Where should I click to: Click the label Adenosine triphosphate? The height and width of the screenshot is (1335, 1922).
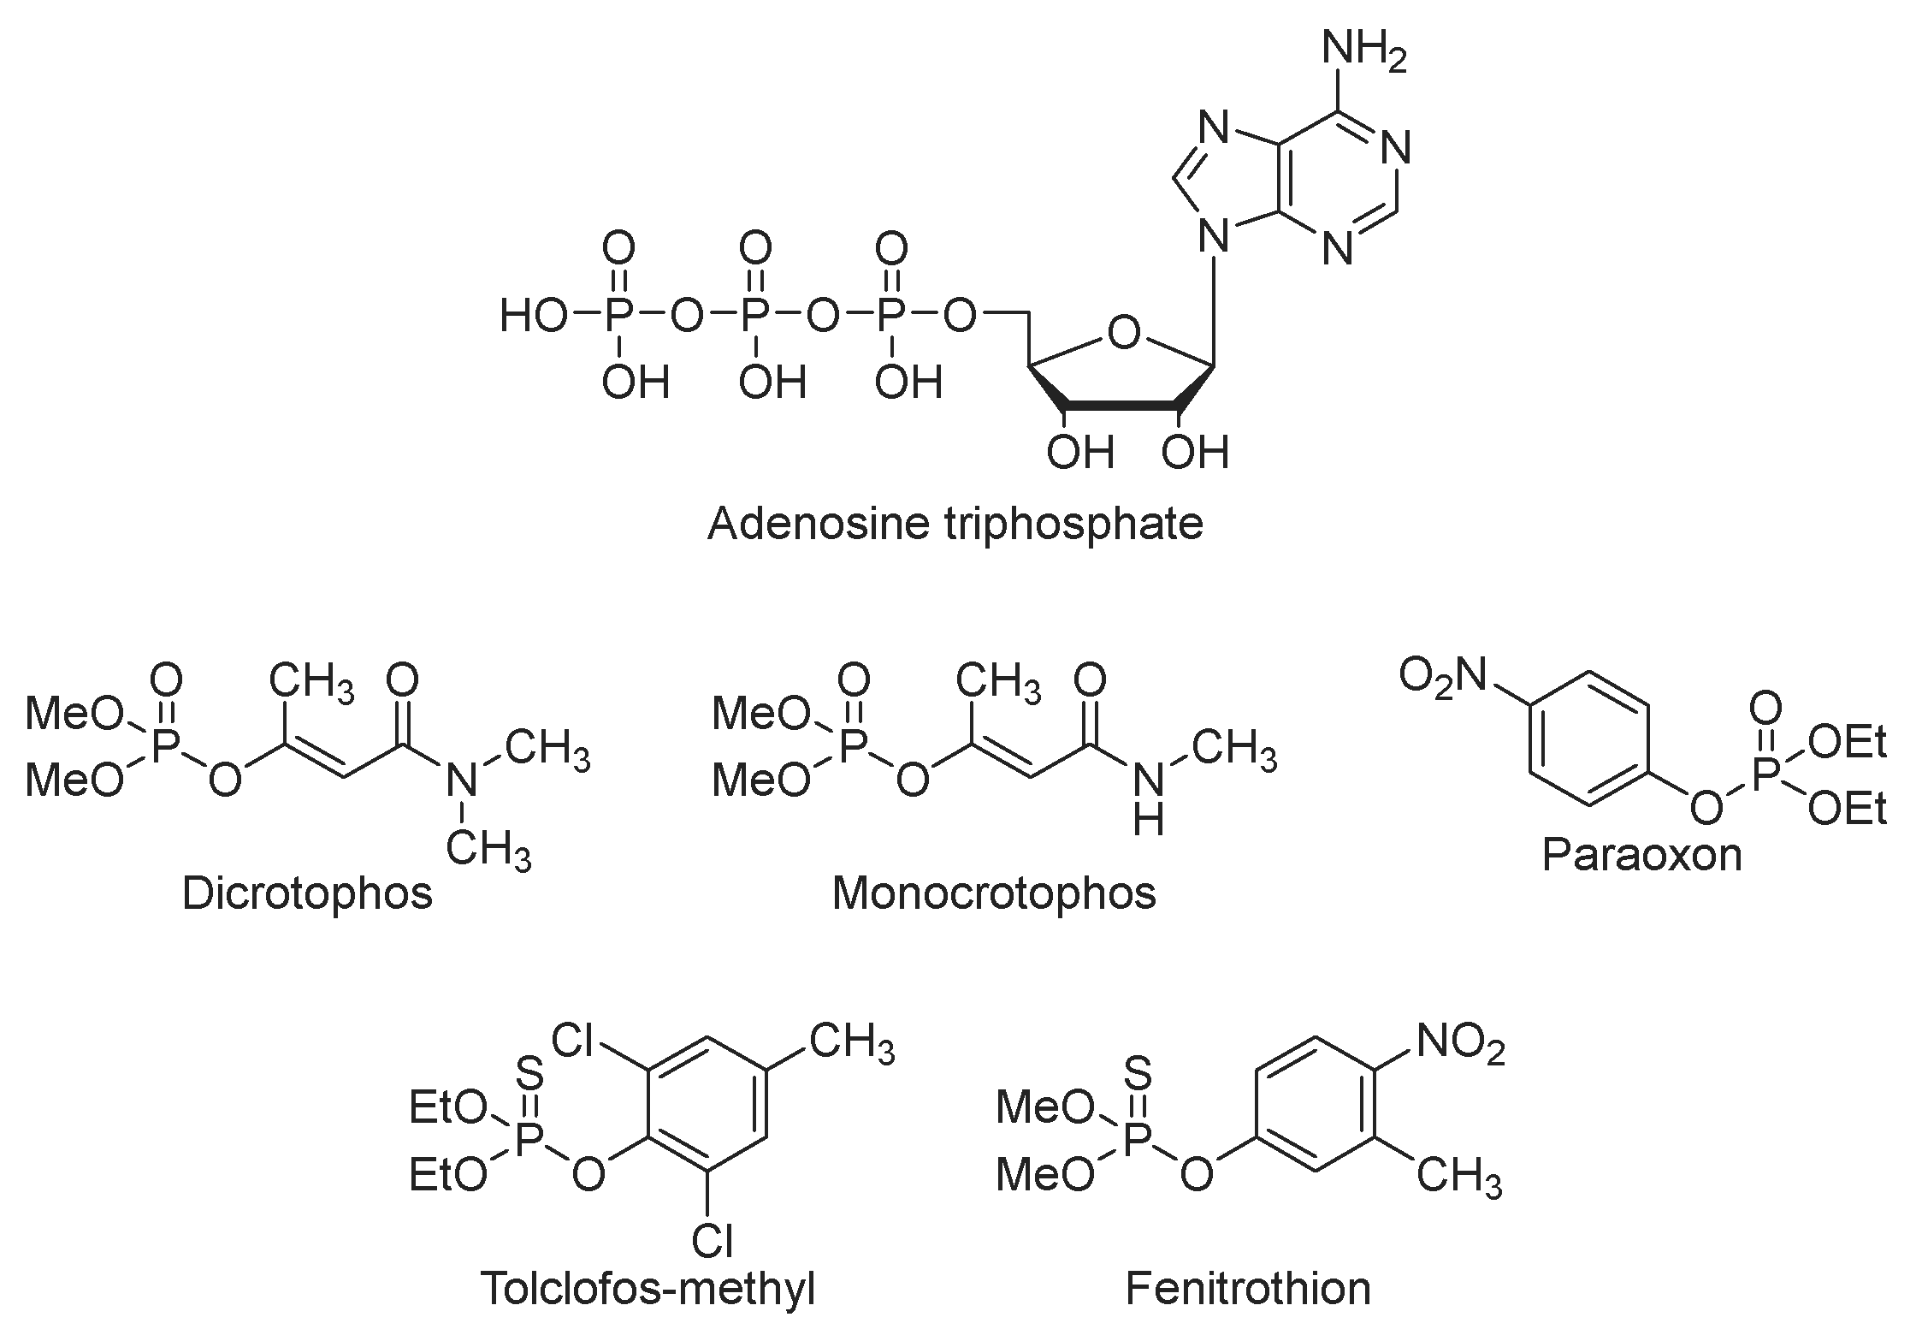point(955,523)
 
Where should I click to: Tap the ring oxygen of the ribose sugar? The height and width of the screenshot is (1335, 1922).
point(1123,332)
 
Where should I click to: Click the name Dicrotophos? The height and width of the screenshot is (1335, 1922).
point(307,893)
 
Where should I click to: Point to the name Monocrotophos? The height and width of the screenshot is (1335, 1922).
point(994,893)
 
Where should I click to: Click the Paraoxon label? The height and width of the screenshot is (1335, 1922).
point(1641,854)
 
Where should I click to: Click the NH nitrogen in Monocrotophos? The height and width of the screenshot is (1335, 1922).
point(1148,780)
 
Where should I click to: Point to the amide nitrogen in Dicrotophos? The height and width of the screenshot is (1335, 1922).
point(462,780)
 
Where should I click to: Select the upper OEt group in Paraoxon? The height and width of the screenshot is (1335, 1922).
point(1848,743)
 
